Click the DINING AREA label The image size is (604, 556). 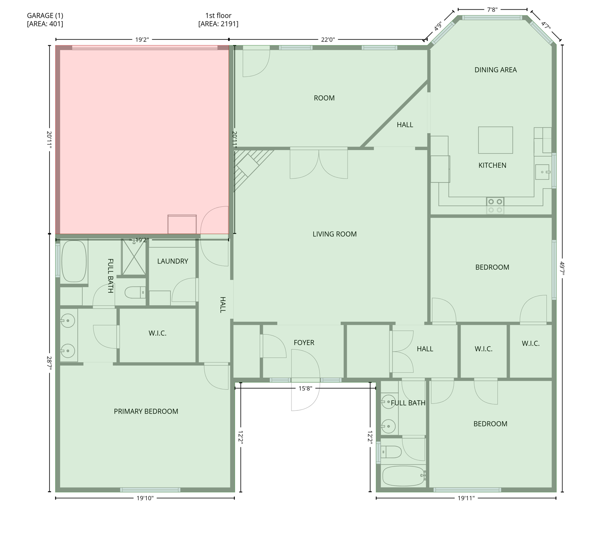tap(495, 70)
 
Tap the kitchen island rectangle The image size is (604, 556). tap(495, 140)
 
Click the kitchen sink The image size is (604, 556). tap(542, 172)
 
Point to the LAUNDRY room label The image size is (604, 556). tap(172, 261)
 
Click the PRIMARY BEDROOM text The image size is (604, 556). tap(146, 411)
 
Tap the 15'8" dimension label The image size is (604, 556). tap(305, 388)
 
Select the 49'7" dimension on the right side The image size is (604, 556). tap(562, 270)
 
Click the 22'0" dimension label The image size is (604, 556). tap(328, 39)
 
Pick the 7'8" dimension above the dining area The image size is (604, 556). tap(492, 10)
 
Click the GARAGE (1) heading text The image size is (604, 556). tap(45, 15)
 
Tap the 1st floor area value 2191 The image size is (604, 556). tap(229, 24)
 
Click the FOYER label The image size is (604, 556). tap(304, 342)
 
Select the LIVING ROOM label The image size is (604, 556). tap(335, 234)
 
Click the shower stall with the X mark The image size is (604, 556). tap(133, 257)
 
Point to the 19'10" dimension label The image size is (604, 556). tap(145, 498)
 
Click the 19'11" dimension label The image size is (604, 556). tap(466, 498)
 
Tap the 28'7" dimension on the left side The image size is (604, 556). tap(49, 363)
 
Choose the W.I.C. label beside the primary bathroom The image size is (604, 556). tap(157, 333)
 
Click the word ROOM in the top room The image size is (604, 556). tap(324, 98)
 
